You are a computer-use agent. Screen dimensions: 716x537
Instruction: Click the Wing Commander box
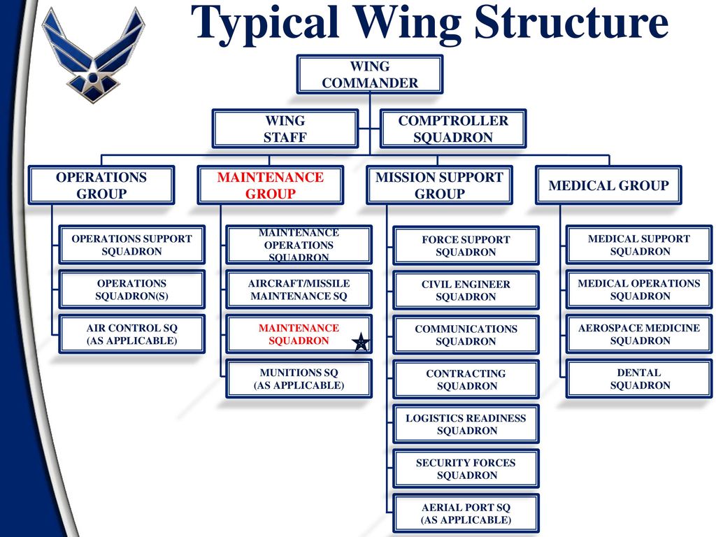click(x=370, y=74)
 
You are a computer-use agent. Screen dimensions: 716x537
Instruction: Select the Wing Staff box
click(x=285, y=129)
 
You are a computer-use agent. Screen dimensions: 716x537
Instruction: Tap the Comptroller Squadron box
click(x=453, y=129)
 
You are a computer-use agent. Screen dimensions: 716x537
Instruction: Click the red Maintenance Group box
click(x=271, y=185)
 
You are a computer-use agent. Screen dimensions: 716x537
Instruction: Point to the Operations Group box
click(x=101, y=185)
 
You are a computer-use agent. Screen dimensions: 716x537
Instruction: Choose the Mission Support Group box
click(x=439, y=185)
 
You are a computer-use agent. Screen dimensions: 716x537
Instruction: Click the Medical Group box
click(x=609, y=185)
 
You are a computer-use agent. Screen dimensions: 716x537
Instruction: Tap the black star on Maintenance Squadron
click(x=361, y=342)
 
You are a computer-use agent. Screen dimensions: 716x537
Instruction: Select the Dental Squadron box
click(x=639, y=379)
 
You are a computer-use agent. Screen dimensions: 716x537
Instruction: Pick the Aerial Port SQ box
click(x=466, y=514)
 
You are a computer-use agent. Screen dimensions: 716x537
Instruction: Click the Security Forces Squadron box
click(x=466, y=469)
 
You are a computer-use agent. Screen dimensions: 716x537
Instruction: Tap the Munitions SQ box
click(x=299, y=379)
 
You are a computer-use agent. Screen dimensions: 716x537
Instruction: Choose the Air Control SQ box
click(x=132, y=334)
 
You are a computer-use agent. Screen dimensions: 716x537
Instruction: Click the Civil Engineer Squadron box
click(x=466, y=290)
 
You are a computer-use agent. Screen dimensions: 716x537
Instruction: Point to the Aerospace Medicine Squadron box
click(x=639, y=334)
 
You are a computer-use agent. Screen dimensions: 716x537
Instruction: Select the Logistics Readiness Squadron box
click(x=466, y=424)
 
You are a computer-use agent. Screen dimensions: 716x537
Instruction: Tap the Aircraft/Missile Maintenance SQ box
click(x=299, y=289)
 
